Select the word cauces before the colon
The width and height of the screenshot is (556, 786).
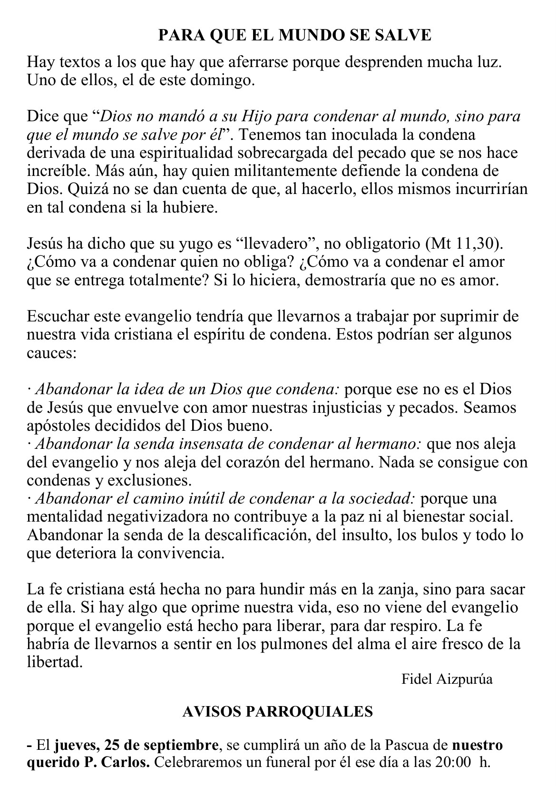[x=50, y=353]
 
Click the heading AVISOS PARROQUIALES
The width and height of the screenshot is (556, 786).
[x=278, y=712]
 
